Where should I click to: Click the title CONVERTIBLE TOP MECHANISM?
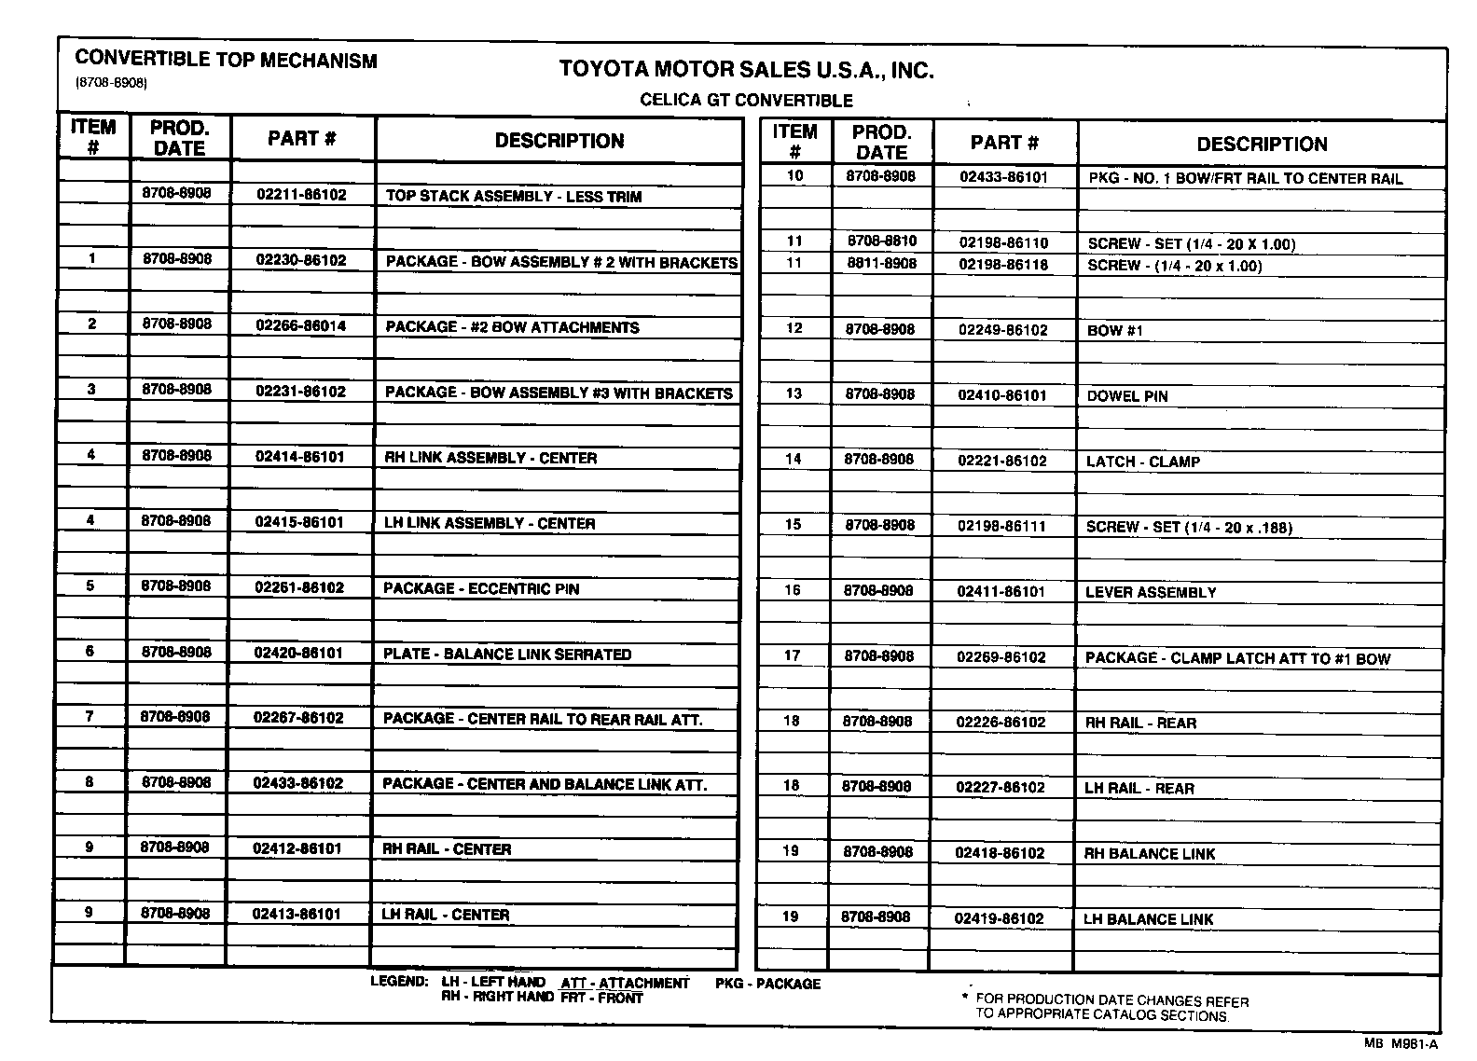[x=226, y=61]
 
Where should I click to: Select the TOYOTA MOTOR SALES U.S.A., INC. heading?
[x=746, y=70]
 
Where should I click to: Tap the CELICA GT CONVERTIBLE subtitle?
[x=746, y=101]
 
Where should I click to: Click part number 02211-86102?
[x=301, y=195]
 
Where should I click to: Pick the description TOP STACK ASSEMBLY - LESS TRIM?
[x=513, y=197]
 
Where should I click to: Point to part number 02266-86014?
[x=300, y=326]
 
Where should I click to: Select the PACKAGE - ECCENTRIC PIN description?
[x=481, y=588]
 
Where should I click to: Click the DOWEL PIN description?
[x=1126, y=396]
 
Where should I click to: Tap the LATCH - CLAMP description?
[x=1142, y=462]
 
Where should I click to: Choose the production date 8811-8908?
[x=881, y=264]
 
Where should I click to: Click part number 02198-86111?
[x=1001, y=526]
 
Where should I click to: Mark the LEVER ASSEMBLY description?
[x=1151, y=592]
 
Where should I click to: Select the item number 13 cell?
[x=794, y=393]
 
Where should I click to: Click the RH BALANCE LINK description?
[x=1149, y=853]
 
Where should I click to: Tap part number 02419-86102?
[x=999, y=918]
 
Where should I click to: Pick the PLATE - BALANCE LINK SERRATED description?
[x=507, y=654]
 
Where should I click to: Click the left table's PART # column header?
[x=301, y=139]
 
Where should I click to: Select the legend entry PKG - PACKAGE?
[x=767, y=984]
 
